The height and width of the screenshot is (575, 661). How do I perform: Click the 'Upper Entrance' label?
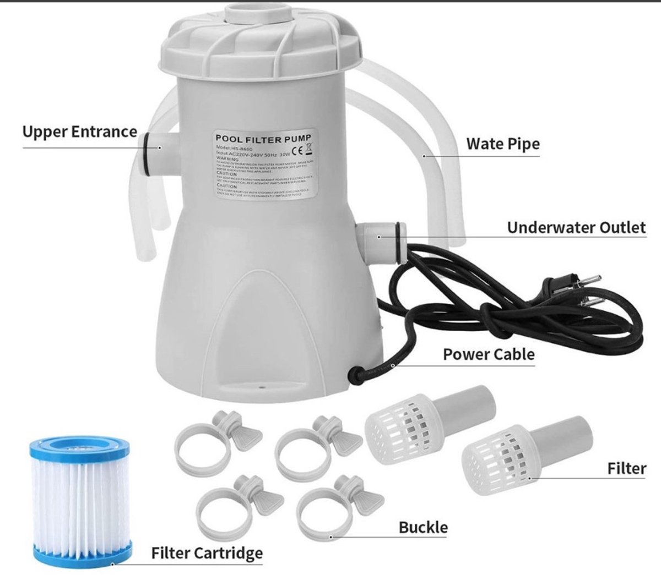pos(79,132)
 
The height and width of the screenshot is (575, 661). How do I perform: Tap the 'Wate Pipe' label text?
pos(502,144)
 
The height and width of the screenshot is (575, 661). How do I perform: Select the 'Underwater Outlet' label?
pos(576,228)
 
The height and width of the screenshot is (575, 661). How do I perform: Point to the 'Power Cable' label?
pos(488,354)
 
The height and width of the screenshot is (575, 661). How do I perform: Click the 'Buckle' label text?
pos(423,527)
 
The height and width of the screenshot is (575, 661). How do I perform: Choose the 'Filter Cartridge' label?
pos(207,552)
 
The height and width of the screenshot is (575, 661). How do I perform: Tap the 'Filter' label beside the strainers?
pos(626,468)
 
